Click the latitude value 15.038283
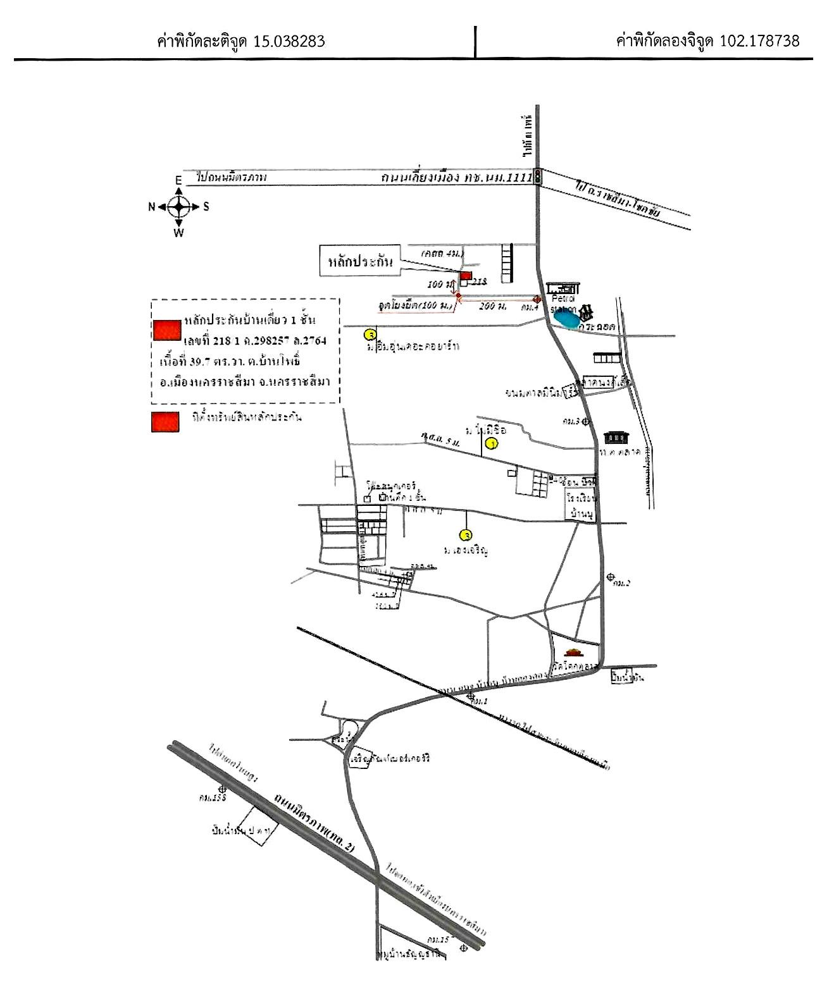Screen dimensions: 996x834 289,41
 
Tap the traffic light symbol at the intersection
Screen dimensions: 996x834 537,176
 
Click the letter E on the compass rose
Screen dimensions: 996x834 178,181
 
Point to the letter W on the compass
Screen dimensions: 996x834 179,233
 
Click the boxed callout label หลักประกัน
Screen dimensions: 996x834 361,261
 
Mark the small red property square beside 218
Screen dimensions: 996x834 466,276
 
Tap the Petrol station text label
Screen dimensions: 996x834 563,304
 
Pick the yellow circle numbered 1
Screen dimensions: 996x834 492,444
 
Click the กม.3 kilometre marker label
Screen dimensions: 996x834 572,421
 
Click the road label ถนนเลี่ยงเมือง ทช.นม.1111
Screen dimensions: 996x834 452,178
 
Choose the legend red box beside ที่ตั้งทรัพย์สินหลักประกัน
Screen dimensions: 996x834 165,422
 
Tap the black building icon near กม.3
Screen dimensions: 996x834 613,436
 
